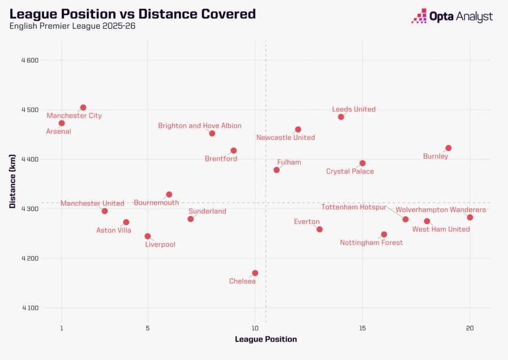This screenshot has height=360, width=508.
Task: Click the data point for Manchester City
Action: coord(84,107)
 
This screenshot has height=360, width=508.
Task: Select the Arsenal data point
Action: coord(62,123)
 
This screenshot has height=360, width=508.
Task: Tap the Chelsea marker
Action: coord(255,273)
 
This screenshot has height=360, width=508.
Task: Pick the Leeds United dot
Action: coord(341,117)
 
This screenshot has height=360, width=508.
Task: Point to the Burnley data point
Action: coord(448,148)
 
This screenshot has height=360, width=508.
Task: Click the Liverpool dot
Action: coord(147,236)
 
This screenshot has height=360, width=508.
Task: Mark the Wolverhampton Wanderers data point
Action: coord(470,217)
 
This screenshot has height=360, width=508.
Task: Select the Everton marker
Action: coord(319,229)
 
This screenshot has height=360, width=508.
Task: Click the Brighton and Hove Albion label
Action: coord(200,126)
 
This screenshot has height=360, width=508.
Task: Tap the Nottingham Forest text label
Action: coord(371,243)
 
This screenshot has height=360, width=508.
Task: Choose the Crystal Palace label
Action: coord(350,172)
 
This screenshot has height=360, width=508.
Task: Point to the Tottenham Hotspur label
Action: coord(354,207)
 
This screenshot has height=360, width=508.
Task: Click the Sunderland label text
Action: coord(207,211)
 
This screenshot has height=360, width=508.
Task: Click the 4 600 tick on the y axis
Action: coord(30,60)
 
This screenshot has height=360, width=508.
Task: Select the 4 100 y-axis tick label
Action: coord(30,308)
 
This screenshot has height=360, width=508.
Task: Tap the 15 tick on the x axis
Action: coord(362,328)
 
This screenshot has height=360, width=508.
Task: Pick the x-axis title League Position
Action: coord(266,339)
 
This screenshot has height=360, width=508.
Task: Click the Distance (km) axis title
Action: coord(12,181)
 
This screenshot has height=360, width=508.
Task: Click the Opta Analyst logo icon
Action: coord(419,16)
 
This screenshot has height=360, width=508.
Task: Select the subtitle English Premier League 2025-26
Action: coord(72,26)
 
